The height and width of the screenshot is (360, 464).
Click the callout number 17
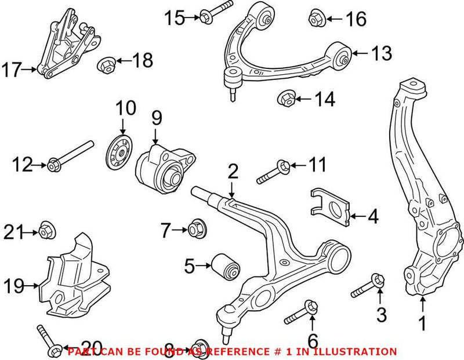[12, 70]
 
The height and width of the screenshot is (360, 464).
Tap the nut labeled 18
[107, 62]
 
